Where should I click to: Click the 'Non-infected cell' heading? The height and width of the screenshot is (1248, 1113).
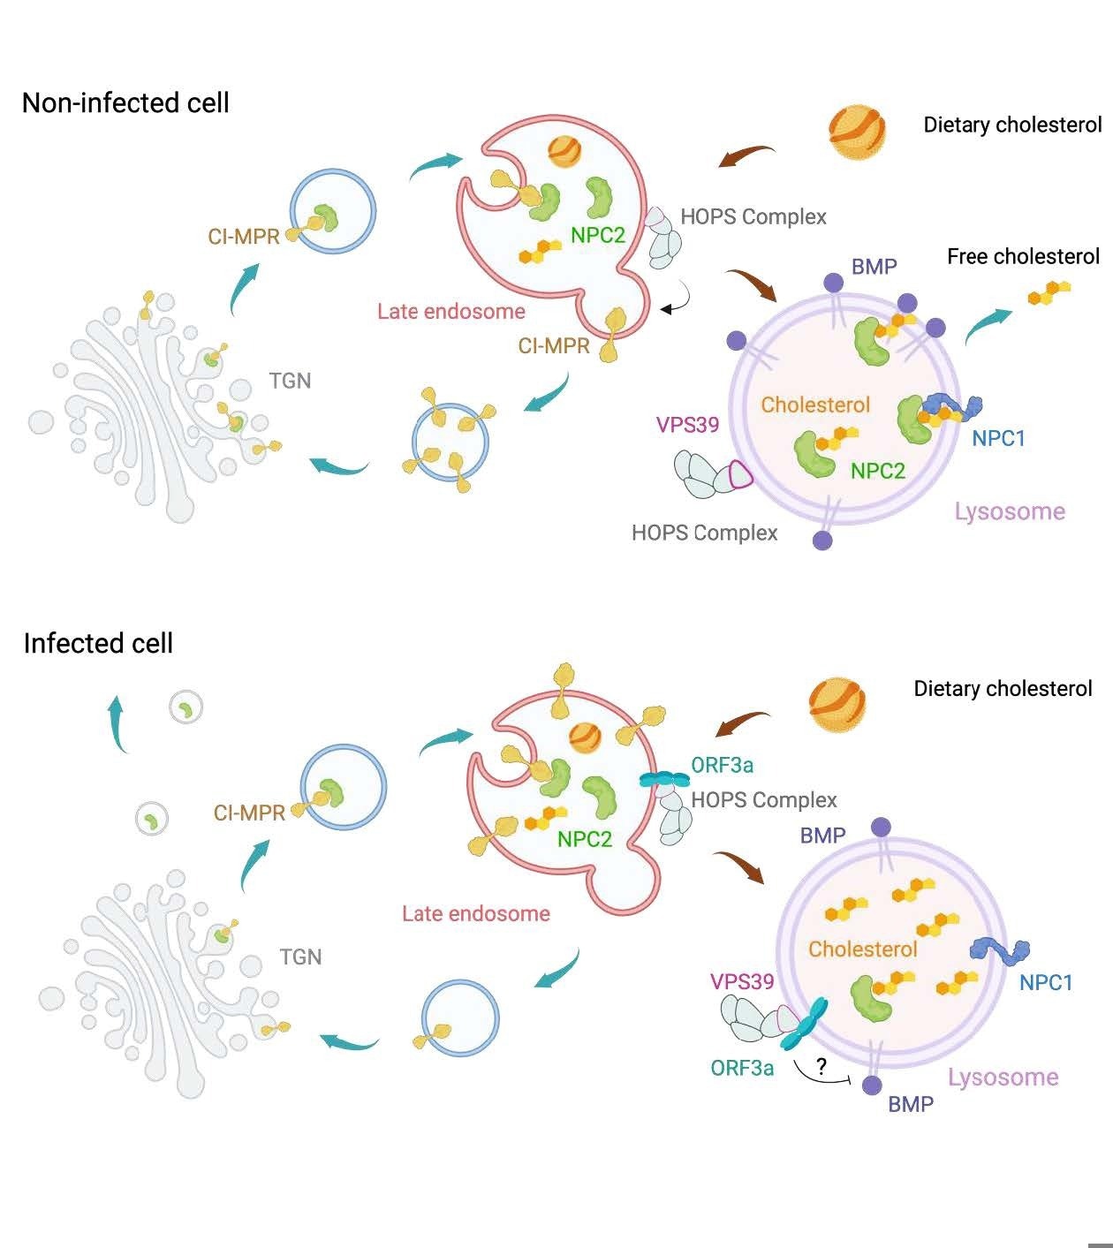click(x=125, y=103)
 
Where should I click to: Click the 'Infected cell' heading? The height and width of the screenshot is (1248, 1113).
click(x=98, y=643)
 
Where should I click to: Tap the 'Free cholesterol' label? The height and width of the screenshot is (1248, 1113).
click(x=1023, y=257)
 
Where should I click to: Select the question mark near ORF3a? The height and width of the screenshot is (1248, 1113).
click(x=821, y=1067)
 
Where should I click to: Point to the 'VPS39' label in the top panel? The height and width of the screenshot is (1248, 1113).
click(x=687, y=425)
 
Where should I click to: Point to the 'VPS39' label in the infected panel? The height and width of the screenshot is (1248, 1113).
click(x=742, y=981)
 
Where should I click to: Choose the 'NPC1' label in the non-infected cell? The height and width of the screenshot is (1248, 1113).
click(x=998, y=438)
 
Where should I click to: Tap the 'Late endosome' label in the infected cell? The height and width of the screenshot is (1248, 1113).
click(x=475, y=913)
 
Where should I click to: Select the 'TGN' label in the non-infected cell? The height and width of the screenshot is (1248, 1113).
click(x=290, y=381)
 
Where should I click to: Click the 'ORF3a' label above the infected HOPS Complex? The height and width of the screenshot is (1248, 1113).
click(x=722, y=765)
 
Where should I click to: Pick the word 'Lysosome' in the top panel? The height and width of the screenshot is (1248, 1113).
click(x=1010, y=511)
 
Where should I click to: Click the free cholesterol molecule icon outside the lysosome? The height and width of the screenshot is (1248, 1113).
click(x=1049, y=293)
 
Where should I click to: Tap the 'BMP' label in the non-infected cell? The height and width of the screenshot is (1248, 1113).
click(x=874, y=267)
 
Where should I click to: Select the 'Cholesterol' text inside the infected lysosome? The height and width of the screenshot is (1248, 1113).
click(x=863, y=949)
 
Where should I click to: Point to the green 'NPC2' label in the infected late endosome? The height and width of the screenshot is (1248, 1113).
click(x=584, y=839)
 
